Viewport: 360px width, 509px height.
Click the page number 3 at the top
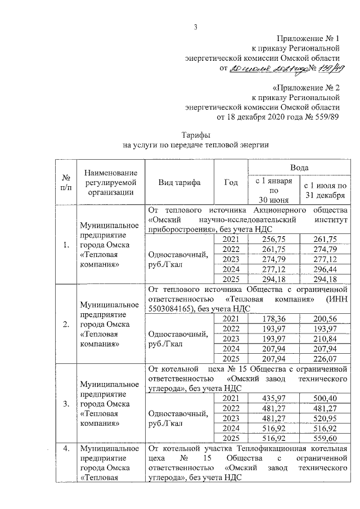(x=195, y=26)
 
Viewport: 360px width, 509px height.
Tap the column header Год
(x=231, y=183)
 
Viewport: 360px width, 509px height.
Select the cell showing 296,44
(x=325, y=269)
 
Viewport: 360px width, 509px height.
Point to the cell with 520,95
(x=325, y=418)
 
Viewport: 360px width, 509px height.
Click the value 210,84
(x=325, y=339)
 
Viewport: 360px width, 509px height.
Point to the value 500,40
(x=325, y=399)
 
